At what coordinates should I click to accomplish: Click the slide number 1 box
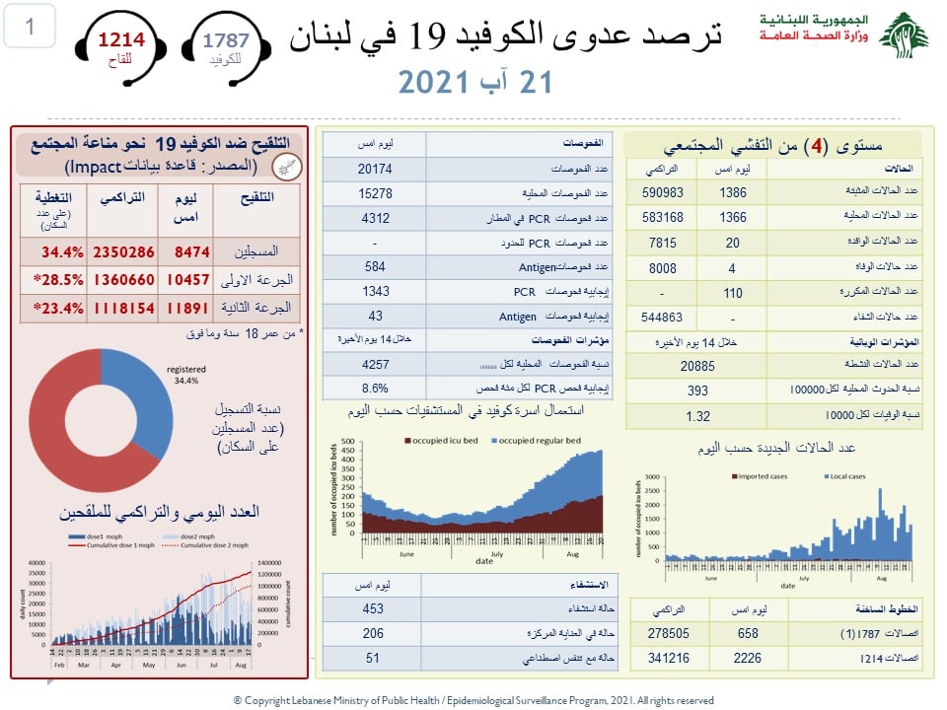[30, 27]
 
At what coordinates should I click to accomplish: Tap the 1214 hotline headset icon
[119, 46]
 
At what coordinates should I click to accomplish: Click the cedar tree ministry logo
[903, 36]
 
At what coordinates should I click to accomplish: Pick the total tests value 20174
[367, 168]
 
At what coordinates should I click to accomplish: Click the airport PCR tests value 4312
[367, 217]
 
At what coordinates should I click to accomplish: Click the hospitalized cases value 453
[372, 608]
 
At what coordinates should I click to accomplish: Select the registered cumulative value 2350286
[123, 251]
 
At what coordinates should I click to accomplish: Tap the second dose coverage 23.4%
[53, 308]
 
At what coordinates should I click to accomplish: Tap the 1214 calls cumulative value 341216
[676, 657]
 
